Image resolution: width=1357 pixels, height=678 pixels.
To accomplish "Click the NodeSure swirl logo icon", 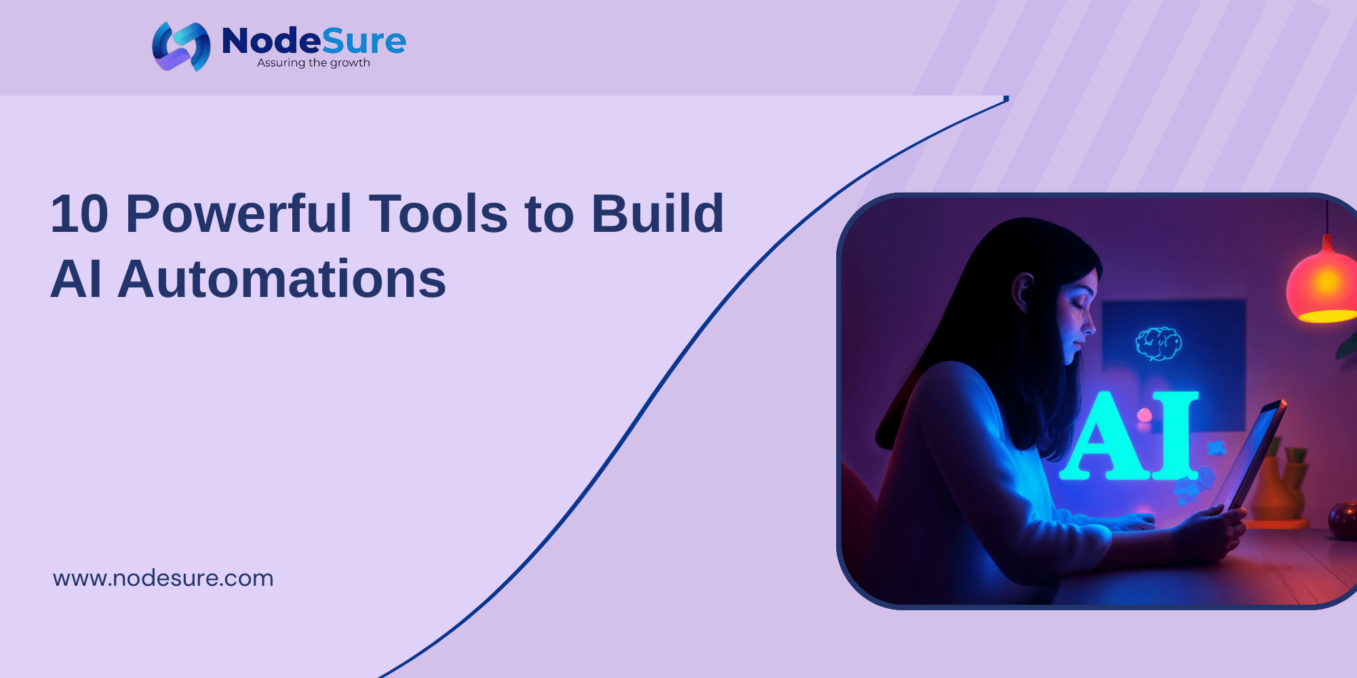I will coord(180,46).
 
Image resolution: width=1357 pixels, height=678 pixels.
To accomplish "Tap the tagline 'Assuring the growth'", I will coord(313,63).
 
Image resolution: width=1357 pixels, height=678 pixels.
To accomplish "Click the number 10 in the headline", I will coord(79,214).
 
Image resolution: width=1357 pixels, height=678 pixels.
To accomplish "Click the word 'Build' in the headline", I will coord(657,214).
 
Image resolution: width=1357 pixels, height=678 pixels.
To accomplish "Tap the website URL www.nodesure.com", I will coord(163,578).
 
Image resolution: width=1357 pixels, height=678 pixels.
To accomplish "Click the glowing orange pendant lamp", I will coord(1322,285).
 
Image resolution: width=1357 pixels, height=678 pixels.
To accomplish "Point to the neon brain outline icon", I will coord(1158,343).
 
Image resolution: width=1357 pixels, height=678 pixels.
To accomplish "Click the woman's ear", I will coord(1022,291).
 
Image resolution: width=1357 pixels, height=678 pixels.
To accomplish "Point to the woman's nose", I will coord(1089,323).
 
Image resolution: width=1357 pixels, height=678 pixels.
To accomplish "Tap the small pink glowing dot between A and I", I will coord(1144,414).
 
